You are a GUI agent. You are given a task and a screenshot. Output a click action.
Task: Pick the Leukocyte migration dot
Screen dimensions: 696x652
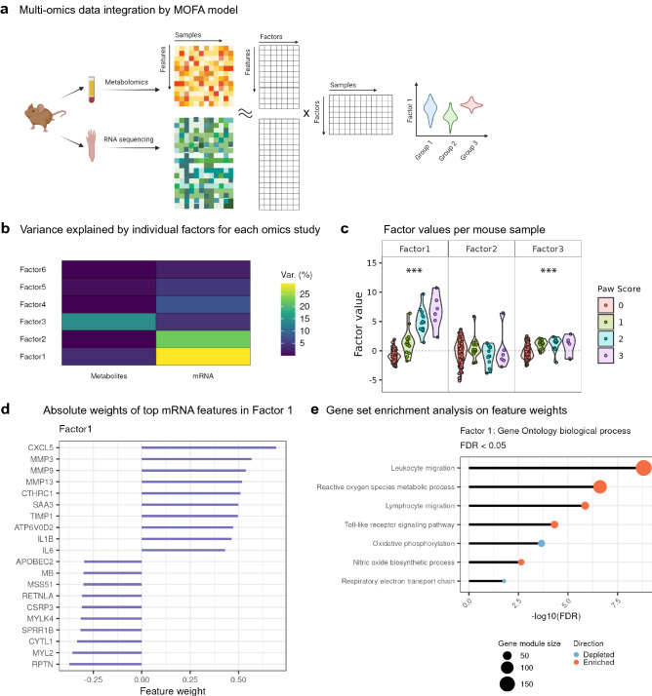pyautogui.click(x=643, y=360)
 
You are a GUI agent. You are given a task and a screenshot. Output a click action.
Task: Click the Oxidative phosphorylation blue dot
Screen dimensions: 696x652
pyautogui.click(x=542, y=433)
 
